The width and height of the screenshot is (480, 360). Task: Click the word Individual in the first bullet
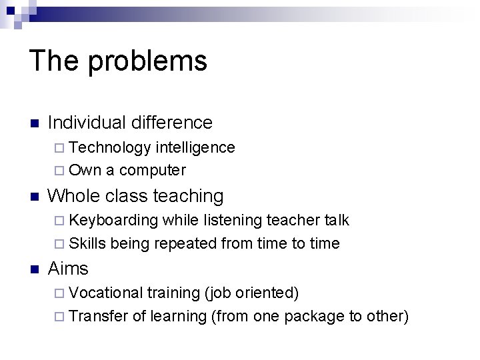pyautogui.click(x=87, y=123)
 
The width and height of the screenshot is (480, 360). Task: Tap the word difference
pyautogui.click(x=172, y=123)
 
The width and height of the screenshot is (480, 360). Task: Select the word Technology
pyautogui.click(x=110, y=148)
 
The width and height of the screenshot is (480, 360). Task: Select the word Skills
pyautogui.click(x=87, y=243)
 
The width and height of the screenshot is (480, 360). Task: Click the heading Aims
pyautogui.click(x=68, y=269)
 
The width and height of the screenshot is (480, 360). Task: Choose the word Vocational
pyautogui.click(x=106, y=293)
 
